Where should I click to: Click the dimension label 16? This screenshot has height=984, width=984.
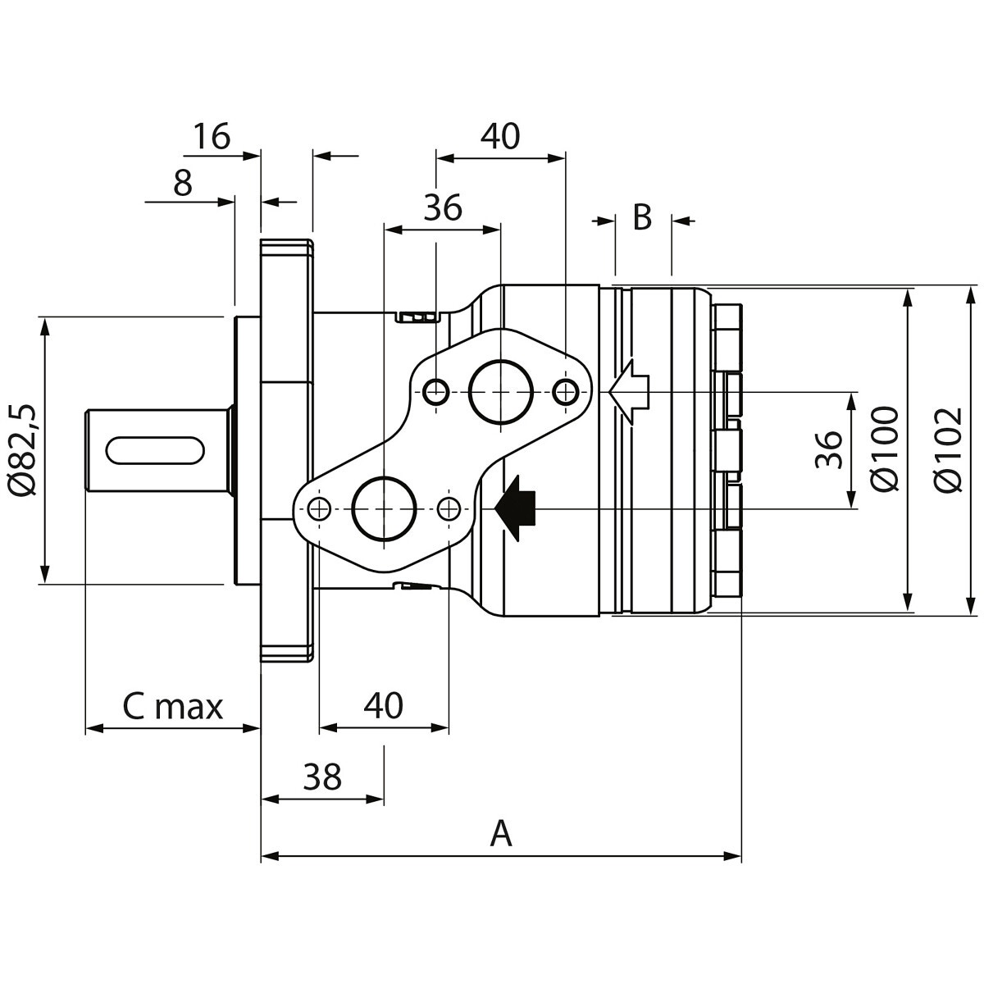(x=212, y=137)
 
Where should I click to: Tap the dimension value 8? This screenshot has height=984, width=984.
(x=183, y=184)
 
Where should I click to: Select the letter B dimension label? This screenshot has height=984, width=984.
(x=642, y=218)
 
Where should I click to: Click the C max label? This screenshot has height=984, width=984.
(x=173, y=706)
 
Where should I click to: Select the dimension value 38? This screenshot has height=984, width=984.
(x=321, y=776)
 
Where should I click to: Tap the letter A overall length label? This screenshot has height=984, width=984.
(x=500, y=834)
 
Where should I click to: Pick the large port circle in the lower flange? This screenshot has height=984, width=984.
(x=384, y=508)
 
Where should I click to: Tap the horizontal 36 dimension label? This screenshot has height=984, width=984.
(x=443, y=208)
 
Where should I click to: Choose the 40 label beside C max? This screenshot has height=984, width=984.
(x=384, y=704)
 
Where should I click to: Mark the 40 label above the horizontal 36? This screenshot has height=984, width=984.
(x=500, y=136)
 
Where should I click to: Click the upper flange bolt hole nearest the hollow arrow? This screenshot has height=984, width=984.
(x=564, y=392)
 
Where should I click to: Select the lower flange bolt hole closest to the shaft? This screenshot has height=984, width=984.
(x=319, y=508)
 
